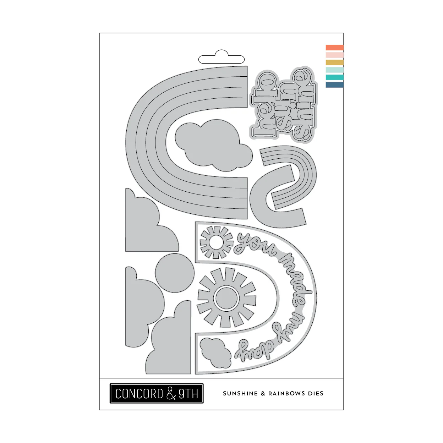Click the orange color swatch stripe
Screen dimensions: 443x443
click(334, 48)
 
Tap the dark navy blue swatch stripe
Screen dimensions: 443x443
click(334, 85)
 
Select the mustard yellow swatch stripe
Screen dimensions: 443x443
click(334, 62)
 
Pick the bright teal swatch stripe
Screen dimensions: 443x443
click(334, 77)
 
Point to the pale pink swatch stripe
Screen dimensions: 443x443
click(334, 55)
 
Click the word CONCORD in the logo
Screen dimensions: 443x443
click(139, 393)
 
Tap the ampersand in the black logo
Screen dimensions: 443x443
click(171, 393)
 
